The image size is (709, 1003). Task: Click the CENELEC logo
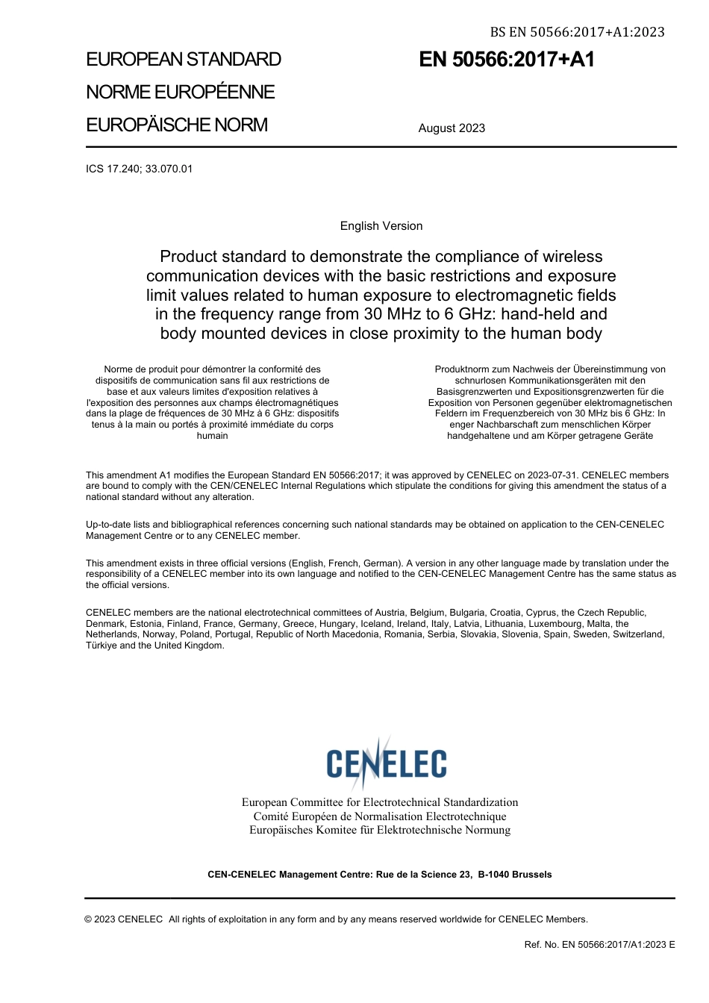(x=386, y=762)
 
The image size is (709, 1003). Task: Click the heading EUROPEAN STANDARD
(x=184, y=60)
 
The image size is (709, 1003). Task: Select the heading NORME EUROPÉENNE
(x=181, y=93)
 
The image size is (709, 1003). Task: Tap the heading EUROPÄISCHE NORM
(x=177, y=125)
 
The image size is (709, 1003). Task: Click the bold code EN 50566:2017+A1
(x=507, y=60)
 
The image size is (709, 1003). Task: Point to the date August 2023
(x=452, y=128)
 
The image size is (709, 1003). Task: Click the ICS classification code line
(x=140, y=169)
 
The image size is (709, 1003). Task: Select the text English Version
(x=381, y=226)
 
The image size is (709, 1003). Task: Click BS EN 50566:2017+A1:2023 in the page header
(x=577, y=32)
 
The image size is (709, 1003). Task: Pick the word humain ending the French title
(x=212, y=436)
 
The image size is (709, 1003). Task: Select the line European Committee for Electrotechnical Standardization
(x=380, y=802)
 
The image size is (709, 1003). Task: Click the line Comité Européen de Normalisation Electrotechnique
(x=380, y=816)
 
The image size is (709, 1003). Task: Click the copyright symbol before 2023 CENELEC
(x=89, y=919)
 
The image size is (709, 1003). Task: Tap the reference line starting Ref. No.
(x=599, y=945)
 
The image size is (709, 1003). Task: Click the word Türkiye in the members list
(x=101, y=646)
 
